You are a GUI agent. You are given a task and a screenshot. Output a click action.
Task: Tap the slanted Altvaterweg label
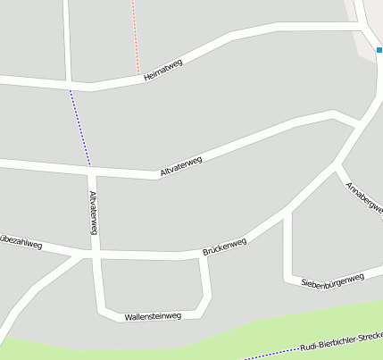pos(180,166)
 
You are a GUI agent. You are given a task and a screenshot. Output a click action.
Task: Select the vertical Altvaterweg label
pos(93,213)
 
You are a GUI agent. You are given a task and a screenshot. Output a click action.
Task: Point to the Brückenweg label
pos(224,243)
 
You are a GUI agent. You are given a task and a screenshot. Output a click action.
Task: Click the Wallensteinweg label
pos(153,316)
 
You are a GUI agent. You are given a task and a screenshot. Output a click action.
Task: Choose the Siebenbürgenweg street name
pos(332,280)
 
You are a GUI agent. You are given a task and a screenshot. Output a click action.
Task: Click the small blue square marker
pos(379,50)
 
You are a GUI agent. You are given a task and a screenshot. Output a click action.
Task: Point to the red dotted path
pos(135,36)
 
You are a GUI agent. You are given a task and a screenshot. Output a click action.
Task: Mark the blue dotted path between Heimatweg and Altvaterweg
pos(79,125)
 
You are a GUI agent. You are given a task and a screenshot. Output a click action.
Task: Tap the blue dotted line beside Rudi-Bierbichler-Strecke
pos(268,355)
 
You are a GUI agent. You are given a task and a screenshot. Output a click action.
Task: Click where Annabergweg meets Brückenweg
pos(337,163)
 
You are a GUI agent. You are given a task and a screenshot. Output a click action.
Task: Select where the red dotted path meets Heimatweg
pos(139,75)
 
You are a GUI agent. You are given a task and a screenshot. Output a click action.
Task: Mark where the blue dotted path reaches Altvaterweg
pos(90,166)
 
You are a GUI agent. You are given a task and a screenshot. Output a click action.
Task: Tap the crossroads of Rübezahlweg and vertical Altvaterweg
pos(91,255)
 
